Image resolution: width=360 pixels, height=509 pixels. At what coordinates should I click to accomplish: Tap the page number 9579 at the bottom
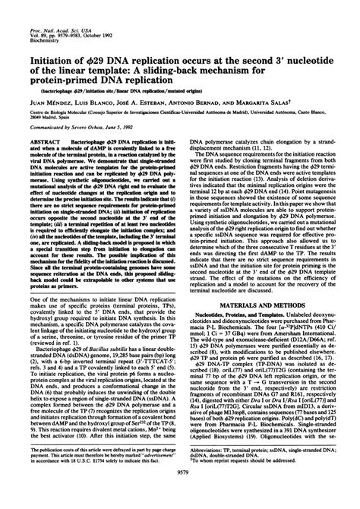[179, 494]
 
